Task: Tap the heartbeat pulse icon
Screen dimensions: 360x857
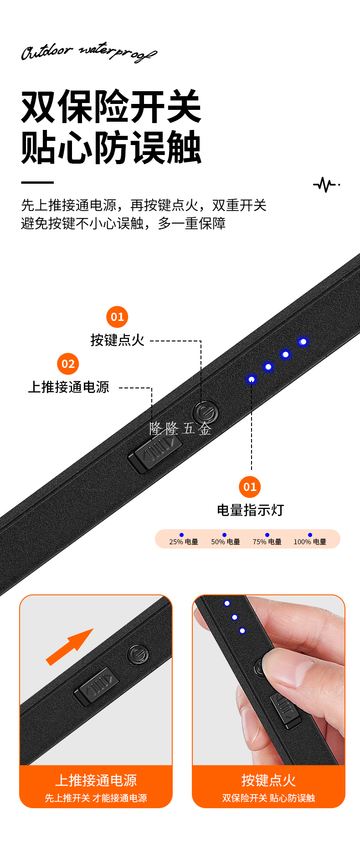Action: coord(326,185)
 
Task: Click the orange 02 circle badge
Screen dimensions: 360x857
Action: coord(68,364)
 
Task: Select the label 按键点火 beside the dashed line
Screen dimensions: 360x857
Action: coord(118,340)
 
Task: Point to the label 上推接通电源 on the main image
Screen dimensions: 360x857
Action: coord(69,387)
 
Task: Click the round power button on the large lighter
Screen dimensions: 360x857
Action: coord(205,413)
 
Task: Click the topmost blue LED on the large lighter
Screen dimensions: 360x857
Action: coord(303,341)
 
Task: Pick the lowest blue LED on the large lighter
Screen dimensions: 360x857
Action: coord(251,379)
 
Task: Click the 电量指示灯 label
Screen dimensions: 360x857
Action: coord(250,510)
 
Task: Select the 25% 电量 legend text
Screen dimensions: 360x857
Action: coord(184,542)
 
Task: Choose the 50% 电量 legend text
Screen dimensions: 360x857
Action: coord(226,542)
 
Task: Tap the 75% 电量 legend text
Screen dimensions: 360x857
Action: coord(267,542)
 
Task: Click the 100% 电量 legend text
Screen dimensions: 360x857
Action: coord(310,542)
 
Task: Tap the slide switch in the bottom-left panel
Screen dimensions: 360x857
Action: coord(96,687)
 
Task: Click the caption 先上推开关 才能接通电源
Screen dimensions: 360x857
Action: coord(96,798)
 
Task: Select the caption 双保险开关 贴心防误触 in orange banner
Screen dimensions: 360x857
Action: coord(268,798)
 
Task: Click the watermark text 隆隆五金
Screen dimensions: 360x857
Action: coord(180,428)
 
